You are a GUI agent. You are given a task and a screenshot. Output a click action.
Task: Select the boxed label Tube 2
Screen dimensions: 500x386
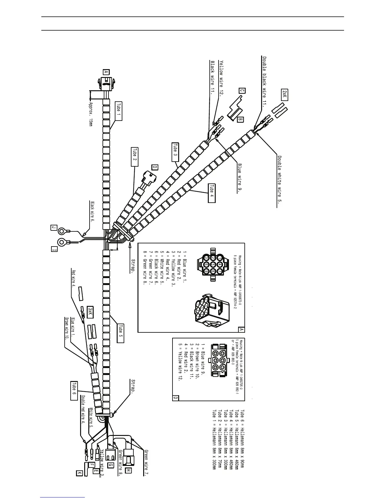pyautogui.click(x=135, y=157)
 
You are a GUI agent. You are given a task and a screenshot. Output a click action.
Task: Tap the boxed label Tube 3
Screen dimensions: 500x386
pyautogui.click(x=175, y=152)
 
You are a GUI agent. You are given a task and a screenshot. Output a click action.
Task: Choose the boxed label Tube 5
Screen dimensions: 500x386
pyautogui.click(x=120, y=333)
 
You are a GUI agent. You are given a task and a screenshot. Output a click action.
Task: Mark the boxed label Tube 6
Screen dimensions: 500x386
pyautogui.click(x=74, y=390)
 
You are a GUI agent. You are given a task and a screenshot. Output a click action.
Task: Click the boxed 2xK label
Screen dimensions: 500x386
pyautogui.click(x=284, y=95)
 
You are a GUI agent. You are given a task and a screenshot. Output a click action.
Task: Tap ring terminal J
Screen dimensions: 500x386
pyautogui.click(x=62, y=231)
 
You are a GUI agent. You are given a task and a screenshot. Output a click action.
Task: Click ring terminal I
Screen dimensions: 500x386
pyautogui.click(x=61, y=242)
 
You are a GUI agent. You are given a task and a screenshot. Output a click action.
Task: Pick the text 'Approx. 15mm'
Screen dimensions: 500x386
pyautogui.click(x=91, y=114)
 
